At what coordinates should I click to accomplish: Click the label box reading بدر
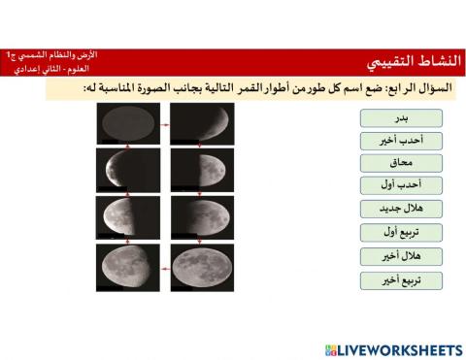(x=401, y=117)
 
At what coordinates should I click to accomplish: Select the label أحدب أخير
(x=401, y=141)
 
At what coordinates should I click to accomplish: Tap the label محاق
(x=401, y=163)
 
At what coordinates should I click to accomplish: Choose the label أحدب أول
(x=401, y=185)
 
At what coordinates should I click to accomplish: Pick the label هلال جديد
(x=401, y=209)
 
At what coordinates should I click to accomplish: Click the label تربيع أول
(x=401, y=232)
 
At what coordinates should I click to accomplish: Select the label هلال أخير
(x=401, y=256)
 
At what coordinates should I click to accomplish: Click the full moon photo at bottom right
(x=202, y=266)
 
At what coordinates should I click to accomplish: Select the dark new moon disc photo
(x=128, y=124)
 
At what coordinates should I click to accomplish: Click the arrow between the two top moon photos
(x=166, y=125)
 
